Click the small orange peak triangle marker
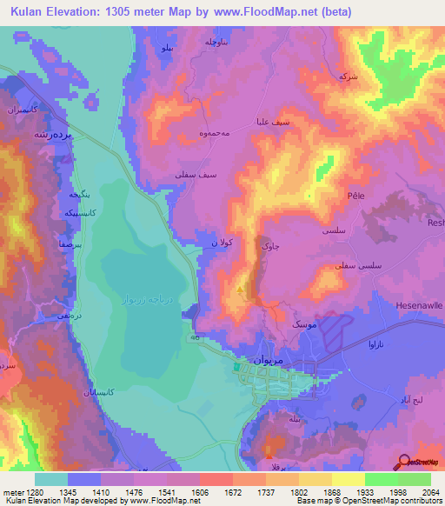pyautogui.click(x=241, y=289)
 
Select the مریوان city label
pyautogui.click(x=266, y=357)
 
